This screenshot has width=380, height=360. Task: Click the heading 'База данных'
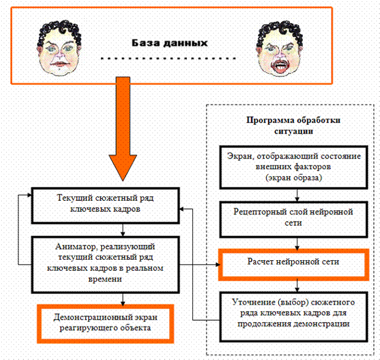pyautogui.click(x=169, y=43)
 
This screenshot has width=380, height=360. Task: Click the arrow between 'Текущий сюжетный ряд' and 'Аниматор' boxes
pyautogui.click(x=124, y=230)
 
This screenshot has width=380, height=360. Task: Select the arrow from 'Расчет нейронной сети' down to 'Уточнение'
pyautogui.click(x=298, y=284)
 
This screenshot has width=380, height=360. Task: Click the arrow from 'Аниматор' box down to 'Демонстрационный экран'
pyautogui.click(x=124, y=296)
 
